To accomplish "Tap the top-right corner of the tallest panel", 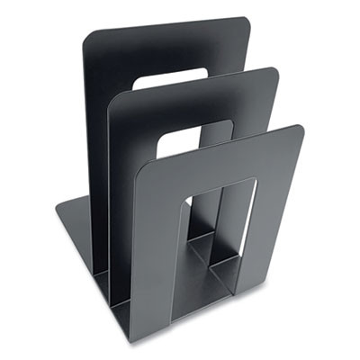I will pyautogui.click(x=247, y=21).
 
